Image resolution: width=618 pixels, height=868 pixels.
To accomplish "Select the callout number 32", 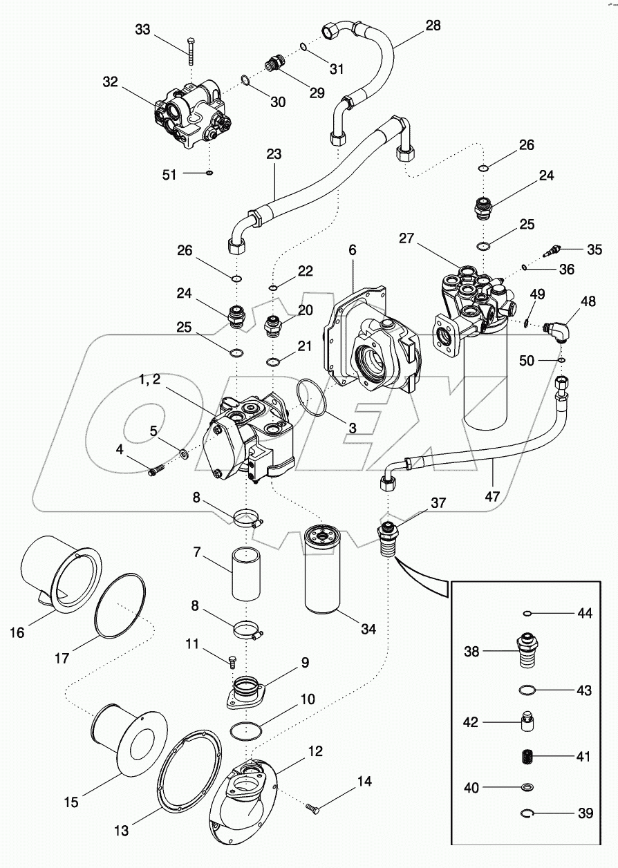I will (111, 82).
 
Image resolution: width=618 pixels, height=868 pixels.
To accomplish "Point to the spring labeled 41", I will (530, 756).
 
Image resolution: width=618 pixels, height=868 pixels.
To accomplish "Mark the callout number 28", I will (432, 26).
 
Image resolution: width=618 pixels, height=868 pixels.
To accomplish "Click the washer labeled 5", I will (185, 454).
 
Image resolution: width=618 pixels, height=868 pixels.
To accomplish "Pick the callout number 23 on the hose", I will (274, 154).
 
